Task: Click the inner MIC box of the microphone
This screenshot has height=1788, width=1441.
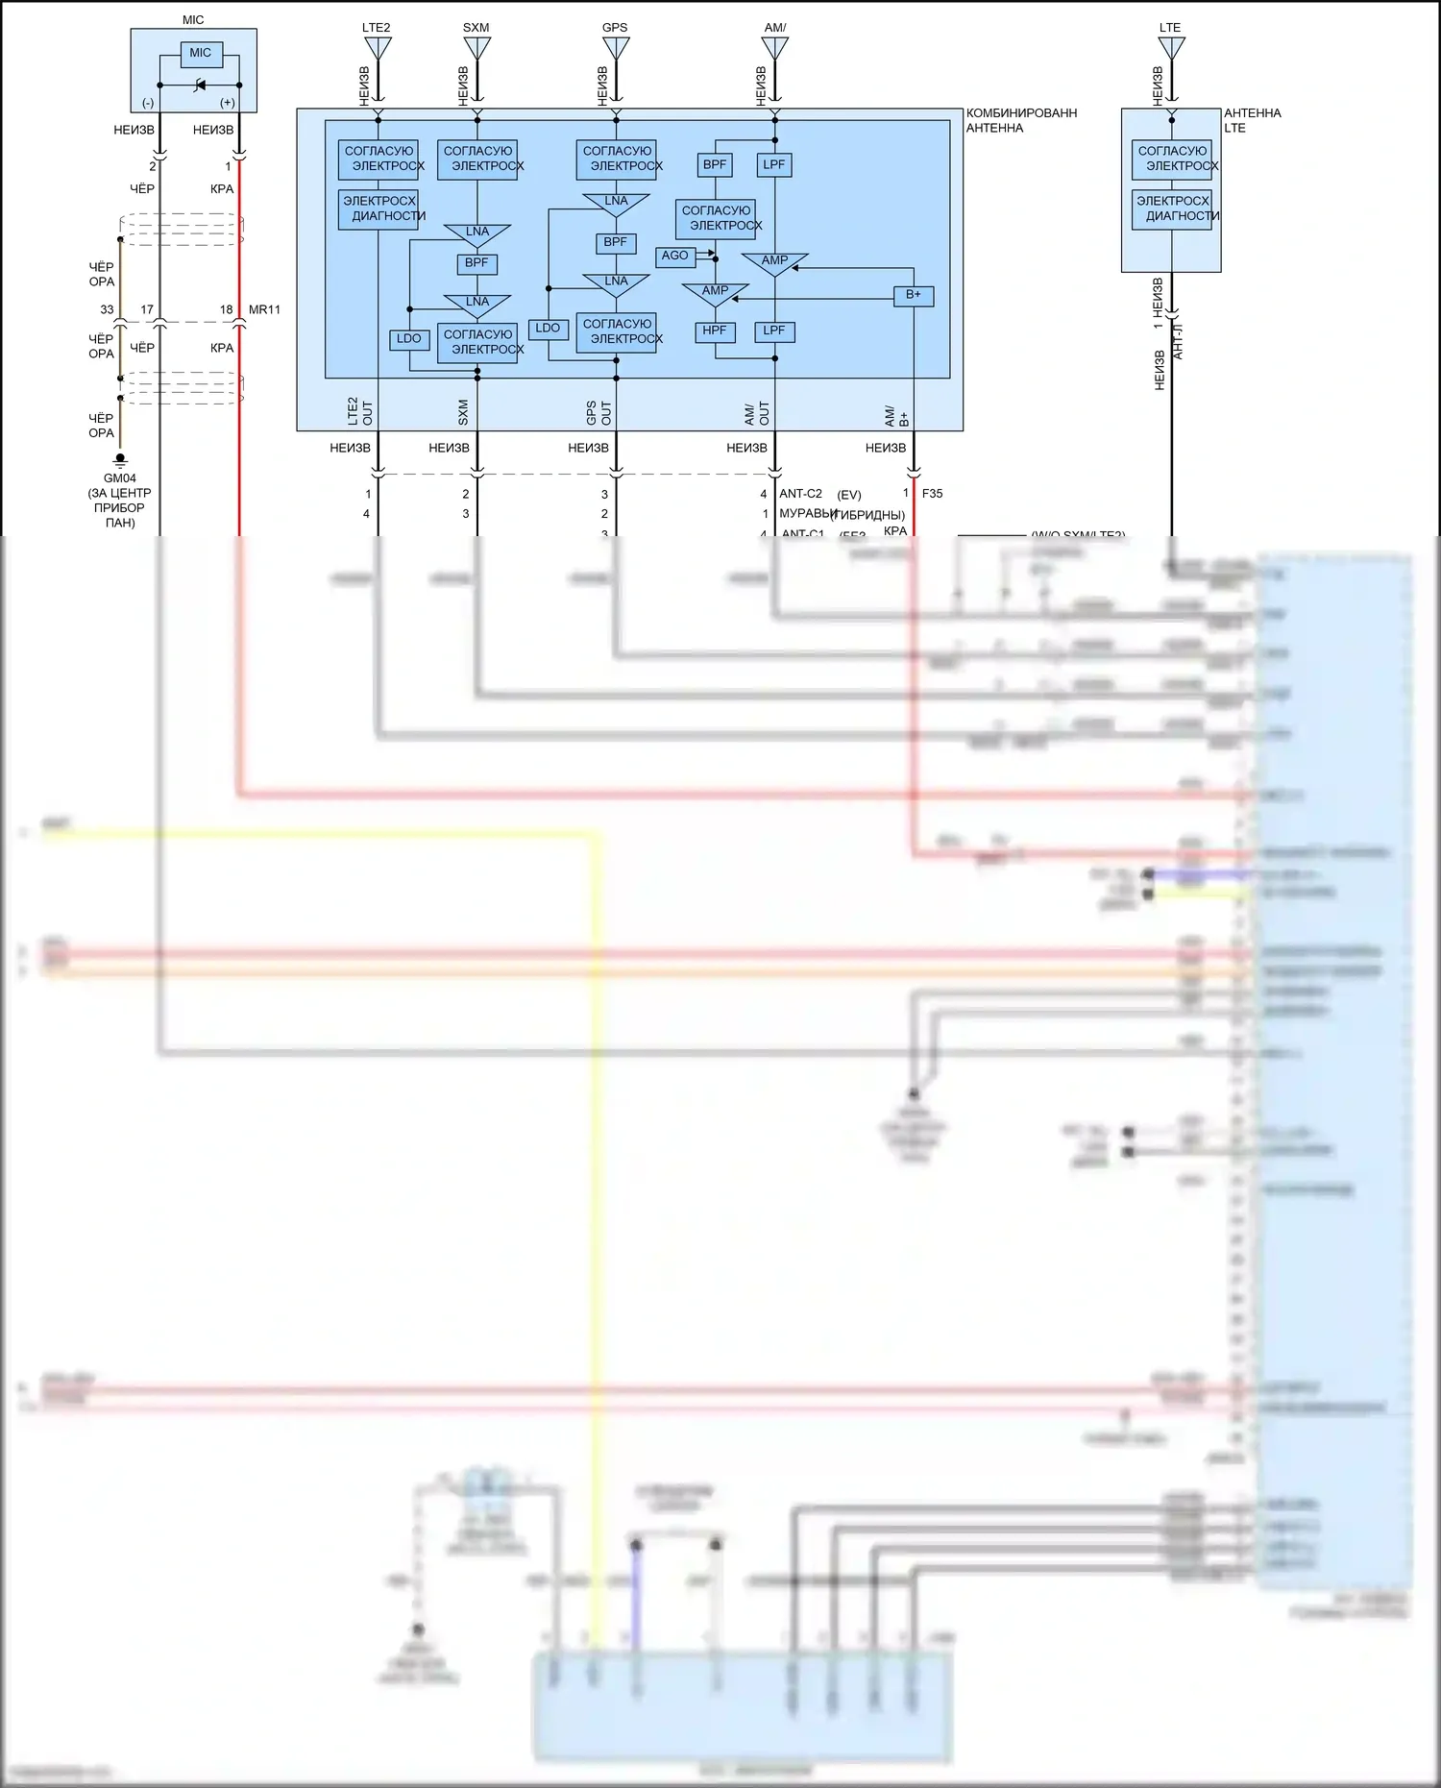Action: [x=200, y=54]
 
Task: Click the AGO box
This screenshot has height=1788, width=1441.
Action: [x=674, y=256]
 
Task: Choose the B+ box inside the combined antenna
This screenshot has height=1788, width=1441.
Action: [x=913, y=295]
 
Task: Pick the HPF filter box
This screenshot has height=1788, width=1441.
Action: [x=715, y=331]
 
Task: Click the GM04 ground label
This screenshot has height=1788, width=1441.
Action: [x=120, y=478]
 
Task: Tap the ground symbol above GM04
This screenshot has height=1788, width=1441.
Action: [x=120, y=460]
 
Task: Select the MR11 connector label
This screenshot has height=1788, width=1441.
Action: [x=264, y=310]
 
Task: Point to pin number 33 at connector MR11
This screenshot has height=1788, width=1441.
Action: [x=107, y=310]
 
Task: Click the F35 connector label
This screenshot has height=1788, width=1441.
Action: [x=932, y=494]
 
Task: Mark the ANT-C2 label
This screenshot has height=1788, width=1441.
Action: [x=800, y=494]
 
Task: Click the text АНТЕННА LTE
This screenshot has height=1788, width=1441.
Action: [x=1252, y=120]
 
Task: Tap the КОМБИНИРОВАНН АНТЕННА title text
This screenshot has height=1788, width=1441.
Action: [x=1021, y=120]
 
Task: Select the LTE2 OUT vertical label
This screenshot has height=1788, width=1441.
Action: [x=359, y=412]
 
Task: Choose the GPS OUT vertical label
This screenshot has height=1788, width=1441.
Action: [x=598, y=413]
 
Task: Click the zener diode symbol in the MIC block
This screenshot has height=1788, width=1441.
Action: [x=200, y=86]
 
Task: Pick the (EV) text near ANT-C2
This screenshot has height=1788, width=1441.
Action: [x=848, y=495]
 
